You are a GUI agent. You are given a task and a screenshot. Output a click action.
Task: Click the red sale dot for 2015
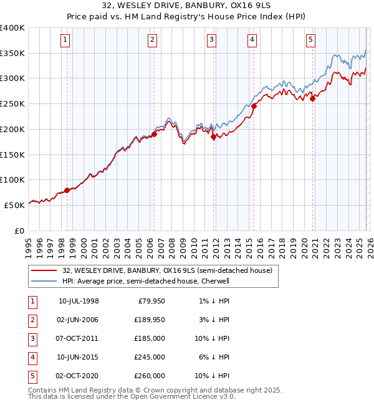[254, 106]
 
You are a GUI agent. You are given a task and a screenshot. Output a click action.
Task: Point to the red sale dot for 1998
[67, 190]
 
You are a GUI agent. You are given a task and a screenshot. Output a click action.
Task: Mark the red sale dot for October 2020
[312, 98]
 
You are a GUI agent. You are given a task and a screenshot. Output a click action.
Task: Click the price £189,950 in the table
[149, 320]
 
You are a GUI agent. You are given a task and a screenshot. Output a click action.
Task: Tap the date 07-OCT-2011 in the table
[79, 338]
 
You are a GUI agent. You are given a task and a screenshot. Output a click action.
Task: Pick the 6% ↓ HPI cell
[214, 357]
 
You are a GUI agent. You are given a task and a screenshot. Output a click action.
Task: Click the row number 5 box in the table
[32, 376]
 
